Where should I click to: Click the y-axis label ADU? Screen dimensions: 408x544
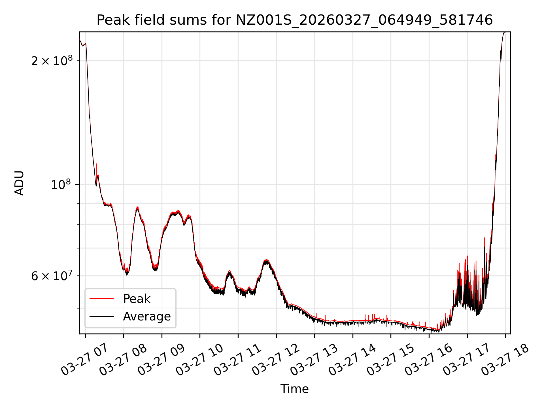19,183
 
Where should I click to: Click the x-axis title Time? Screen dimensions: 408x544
294,389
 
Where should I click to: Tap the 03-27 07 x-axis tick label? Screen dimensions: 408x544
85,360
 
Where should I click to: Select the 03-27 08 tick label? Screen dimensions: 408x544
123,360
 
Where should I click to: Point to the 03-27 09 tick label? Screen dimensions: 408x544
161,360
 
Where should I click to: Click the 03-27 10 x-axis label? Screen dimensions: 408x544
199,360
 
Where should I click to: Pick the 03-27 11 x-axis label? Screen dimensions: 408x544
237,360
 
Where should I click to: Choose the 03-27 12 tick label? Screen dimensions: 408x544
276,360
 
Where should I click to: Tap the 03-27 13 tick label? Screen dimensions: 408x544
314,360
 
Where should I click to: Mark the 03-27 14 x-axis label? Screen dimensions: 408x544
352,360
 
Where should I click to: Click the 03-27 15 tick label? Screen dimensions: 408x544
390,360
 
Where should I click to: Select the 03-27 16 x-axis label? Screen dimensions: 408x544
428,360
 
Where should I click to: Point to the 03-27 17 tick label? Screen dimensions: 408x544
467,360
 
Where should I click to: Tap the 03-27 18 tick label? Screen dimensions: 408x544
505,360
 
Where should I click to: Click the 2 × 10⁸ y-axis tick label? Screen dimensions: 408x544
52,60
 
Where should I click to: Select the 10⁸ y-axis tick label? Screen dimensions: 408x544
61,184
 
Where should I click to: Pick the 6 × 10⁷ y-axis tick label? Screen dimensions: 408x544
52,276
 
